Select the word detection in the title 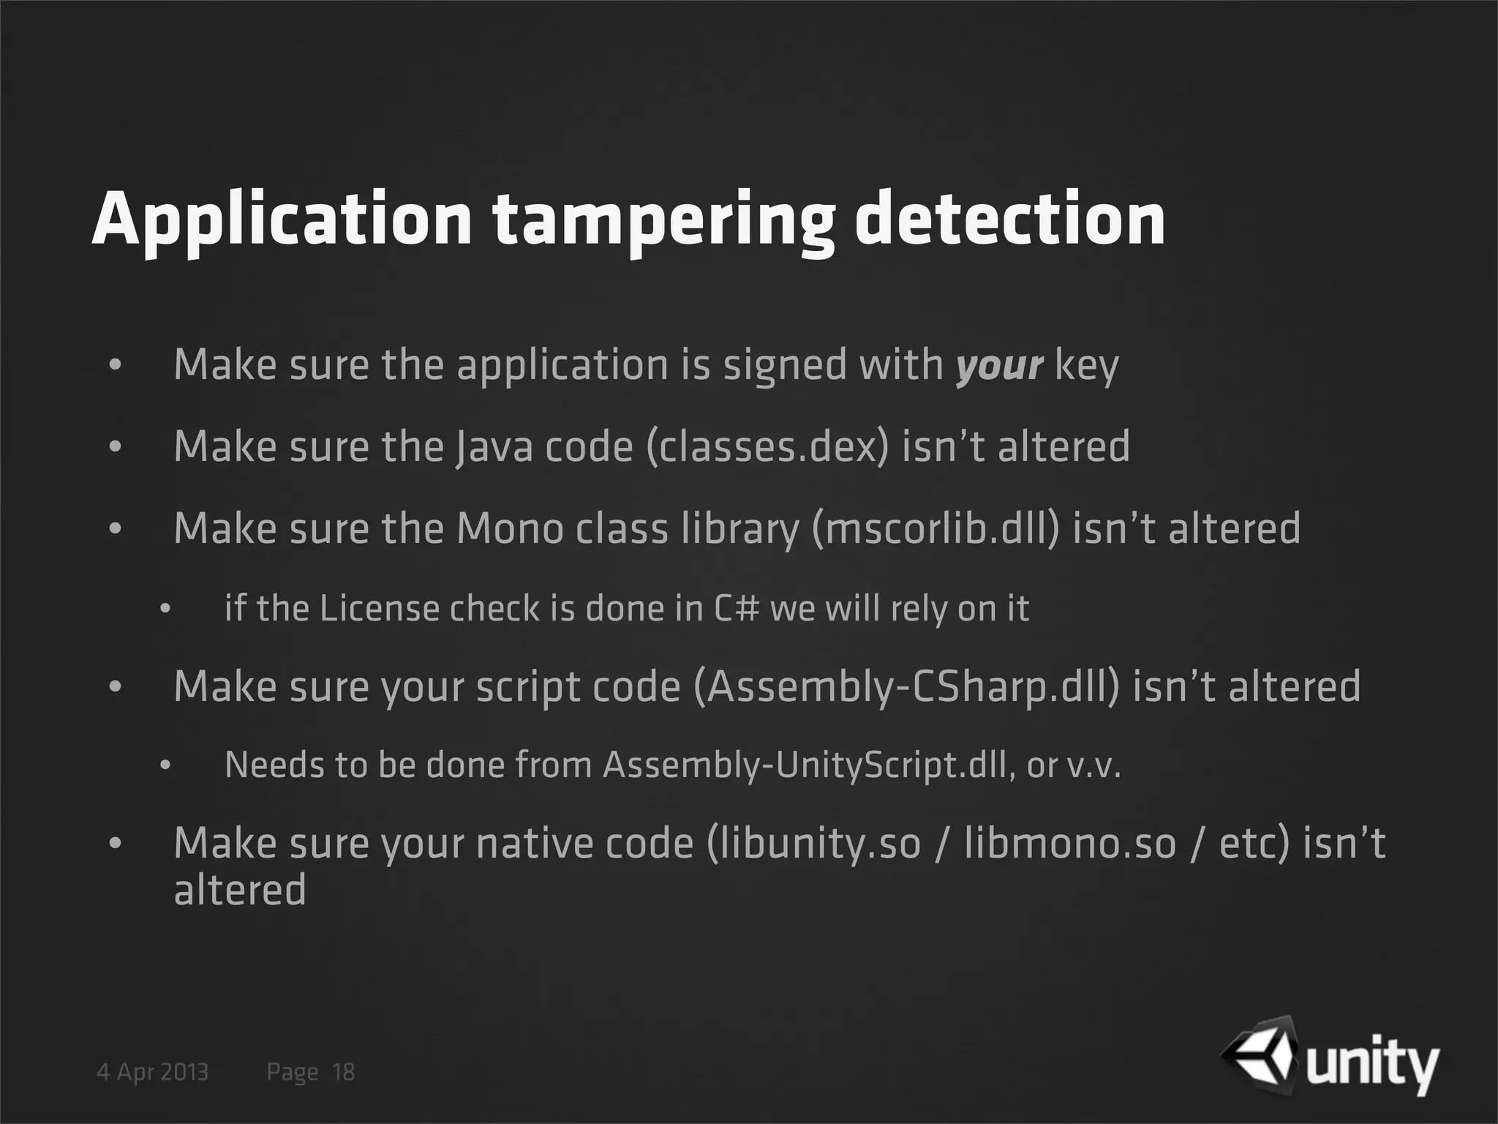click(x=1010, y=220)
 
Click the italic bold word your click(x=999, y=365)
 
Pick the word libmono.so click(x=1070, y=843)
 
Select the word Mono click(x=510, y=528)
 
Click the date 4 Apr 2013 click(x=153, y=1073)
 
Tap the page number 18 click(x=343, y=1073)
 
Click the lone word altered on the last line click(x=240, y=891)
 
